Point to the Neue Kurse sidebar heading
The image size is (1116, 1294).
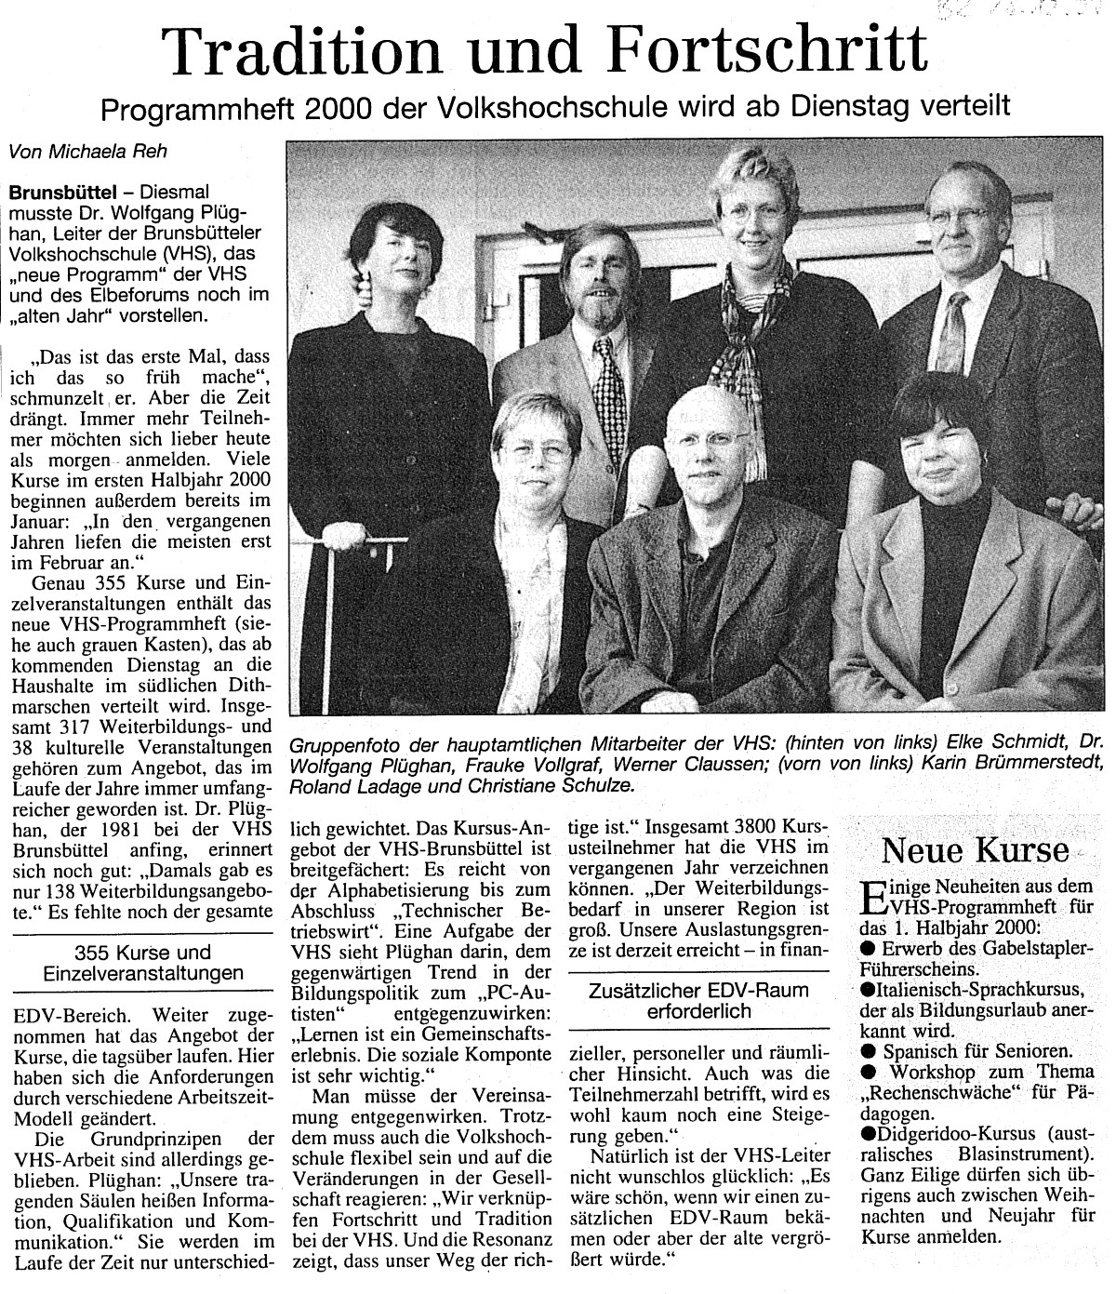[975, 849]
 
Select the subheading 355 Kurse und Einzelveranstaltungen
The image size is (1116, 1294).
[142, 963]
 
